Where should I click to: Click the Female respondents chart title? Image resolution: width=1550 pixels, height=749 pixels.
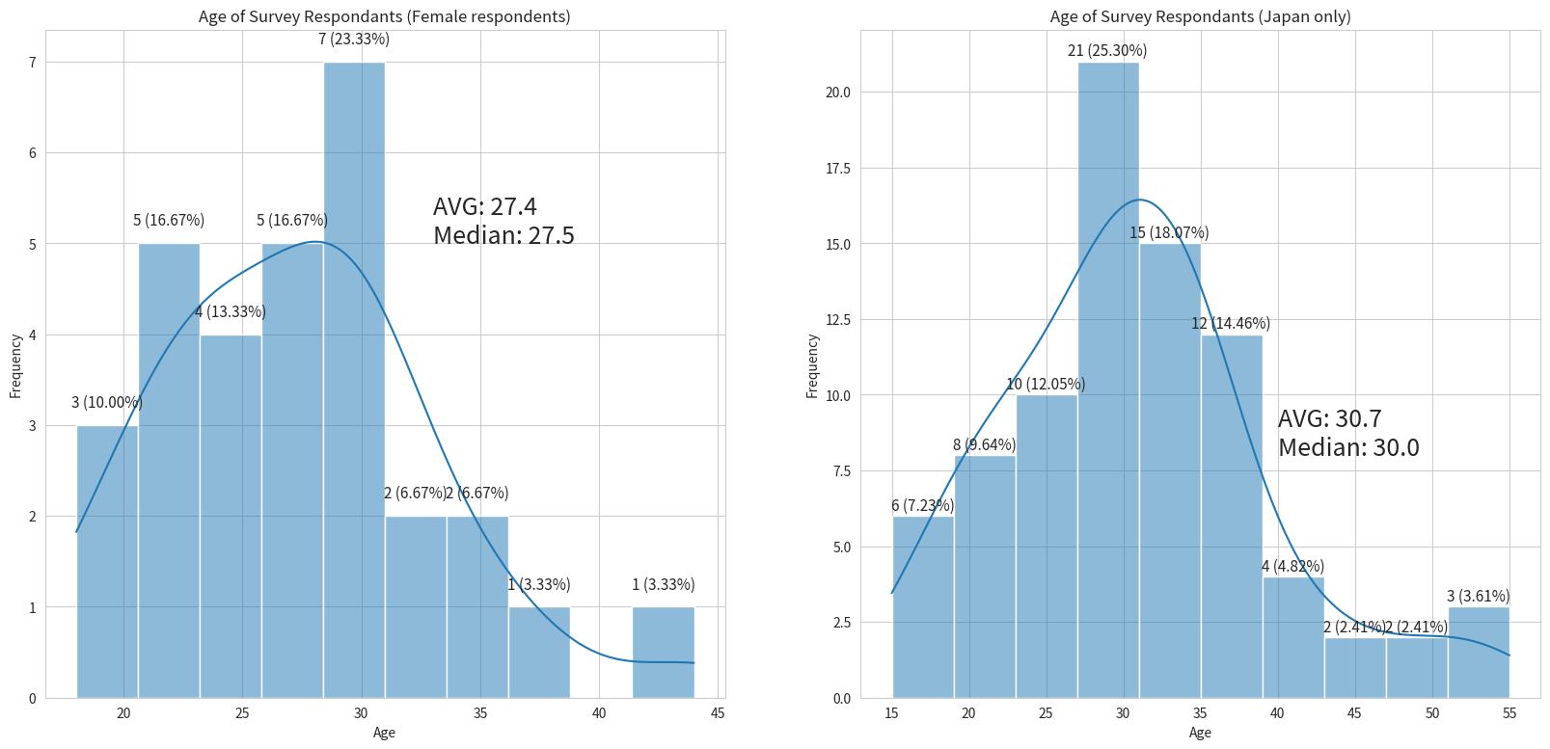[x=384, y=16]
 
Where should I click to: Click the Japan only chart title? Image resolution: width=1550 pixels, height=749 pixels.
[x=1200, y=16]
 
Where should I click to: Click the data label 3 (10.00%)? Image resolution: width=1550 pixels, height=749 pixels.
[x=107, y=403]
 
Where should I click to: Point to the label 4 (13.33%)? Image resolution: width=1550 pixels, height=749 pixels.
[x=230, y=311]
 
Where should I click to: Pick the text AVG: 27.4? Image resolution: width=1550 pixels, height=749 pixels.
[x=485, y=206]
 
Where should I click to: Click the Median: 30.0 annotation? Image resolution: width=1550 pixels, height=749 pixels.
[x=1348, y=447]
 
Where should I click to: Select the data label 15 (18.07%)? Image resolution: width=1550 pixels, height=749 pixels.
[x=1169, y=232]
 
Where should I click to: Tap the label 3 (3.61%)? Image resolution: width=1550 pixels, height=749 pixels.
[x=1478, y=596]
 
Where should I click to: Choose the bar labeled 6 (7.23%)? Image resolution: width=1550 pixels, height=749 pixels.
[x=923, y=607]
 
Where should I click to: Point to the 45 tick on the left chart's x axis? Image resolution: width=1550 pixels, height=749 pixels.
[x=718, y=713]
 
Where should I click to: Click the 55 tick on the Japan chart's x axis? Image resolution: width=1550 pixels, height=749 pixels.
[x=1509, y=713]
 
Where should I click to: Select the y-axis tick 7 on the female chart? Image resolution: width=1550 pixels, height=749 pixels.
[x=32, y=63]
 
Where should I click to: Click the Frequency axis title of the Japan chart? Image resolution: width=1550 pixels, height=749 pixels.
[x=812, y=365]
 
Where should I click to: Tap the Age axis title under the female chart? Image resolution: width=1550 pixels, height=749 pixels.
[x=384, y=733]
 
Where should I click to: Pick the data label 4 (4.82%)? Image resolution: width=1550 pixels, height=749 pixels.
[x=1292, y=566]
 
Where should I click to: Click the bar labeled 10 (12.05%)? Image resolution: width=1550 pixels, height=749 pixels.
[x=1047, y=547]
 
